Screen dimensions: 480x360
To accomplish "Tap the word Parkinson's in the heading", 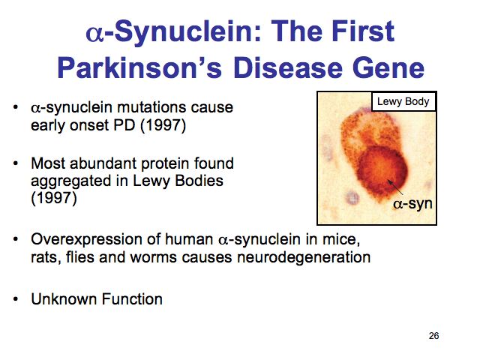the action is coord(139,67).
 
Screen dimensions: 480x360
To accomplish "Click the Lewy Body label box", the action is coord(403,101).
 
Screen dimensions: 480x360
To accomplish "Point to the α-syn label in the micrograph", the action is coord(412,203).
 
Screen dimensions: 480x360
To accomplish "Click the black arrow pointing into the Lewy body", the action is coord(395,187).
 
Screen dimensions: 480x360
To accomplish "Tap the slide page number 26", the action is coord(433,336).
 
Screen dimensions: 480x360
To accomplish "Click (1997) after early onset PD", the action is coord(163,125).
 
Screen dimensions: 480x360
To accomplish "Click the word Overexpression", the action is coord(86,239).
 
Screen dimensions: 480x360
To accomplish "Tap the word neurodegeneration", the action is coord(304,257).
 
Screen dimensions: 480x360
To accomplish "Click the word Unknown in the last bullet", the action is coord(64,299).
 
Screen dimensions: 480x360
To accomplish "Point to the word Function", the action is coord(132,299).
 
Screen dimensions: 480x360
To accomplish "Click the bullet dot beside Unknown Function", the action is coord(16,299).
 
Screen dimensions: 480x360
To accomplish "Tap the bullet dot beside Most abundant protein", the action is coord(16,163).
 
